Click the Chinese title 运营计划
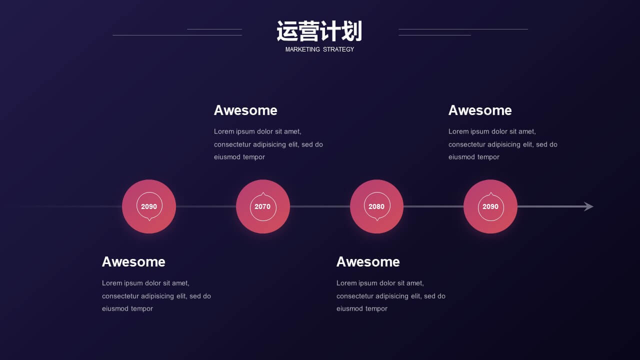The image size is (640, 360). pyautogui.click(x=319, y=31)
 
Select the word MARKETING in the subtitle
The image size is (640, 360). pyautogui.click(x=302, y=49)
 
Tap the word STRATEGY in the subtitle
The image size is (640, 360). pyautogui.click(x=338, y=49)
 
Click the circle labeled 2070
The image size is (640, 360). pyautogui.click(x=263, y=206)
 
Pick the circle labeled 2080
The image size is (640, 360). pyautogui.click(x=376, y=206)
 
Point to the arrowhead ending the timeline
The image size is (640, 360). pyautogui.click(x=588, y=206)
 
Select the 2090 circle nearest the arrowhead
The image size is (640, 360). pyautogui.click(x=490, y=206)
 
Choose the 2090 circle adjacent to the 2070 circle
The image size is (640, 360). pyautogui.click(x=149, y=206)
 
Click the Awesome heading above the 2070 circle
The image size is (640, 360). pyautogui.click(x=245, y=110)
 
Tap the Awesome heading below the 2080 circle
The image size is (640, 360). pyautogui.click(x=368, y=261)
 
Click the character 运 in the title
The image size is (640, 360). pyautogui.click(x=287, y=31)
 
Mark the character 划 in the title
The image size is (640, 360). pyautogui.click(x=352, y=31)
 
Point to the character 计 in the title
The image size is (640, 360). pyautogui.click(x=330, y=31)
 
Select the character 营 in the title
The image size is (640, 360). pyautogui.click(x=308, y=31)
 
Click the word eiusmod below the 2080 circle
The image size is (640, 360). pyautogui.click(x=349, y=308)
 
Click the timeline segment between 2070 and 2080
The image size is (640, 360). pyautogui.click(x=320, y=206)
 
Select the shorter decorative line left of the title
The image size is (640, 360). pyautogui.click(x=214, y=29)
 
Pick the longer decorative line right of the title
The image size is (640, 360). pyautogui.click(x=463, y=29)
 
